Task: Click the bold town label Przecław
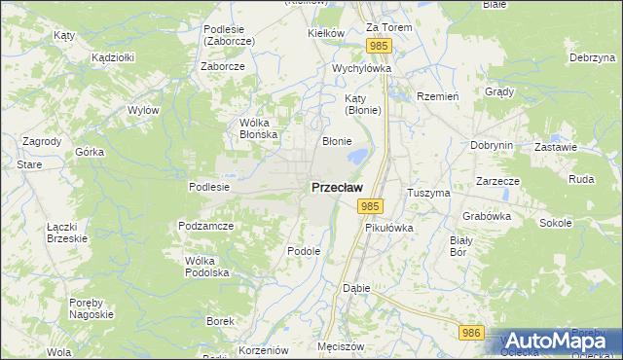point(338,187)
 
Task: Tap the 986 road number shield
point(472,333)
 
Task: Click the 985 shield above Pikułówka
point(369,206)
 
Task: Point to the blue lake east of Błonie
point(358,155)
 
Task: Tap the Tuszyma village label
point(428,193)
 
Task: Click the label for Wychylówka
point(361,69)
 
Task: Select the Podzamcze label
point(205,226)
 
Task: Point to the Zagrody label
point(42,141)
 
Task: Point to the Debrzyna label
point(595,58)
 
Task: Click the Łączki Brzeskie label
point(67,233)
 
